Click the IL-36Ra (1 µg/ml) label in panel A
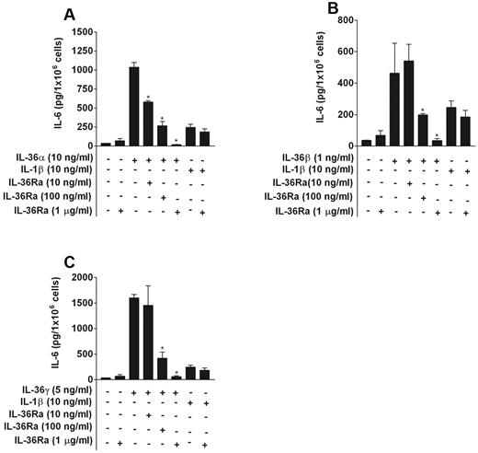point(50,212)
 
